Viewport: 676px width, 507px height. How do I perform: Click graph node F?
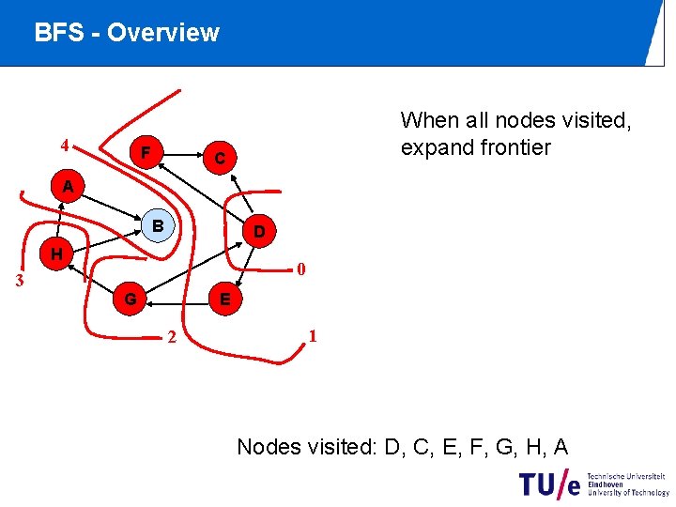pyautogui.click(x=145, y=152)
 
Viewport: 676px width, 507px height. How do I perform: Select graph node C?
pyautogui.click(x=219, y=159)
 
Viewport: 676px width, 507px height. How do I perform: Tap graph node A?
pyautogui.click(x=68, y=186)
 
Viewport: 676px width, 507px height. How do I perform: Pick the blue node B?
pyautogui.click(x=159, y=226)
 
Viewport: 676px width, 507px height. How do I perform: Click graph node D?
pyautogui.click(x=259, y=231)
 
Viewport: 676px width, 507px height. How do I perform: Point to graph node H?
pyautogui.click(x=57, y=253)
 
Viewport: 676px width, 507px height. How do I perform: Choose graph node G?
pyautogui.click(x=131, y=300)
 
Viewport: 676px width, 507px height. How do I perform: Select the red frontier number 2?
pyautogui.click(x=170, y=338)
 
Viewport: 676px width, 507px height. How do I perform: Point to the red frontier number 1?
pyautogui.click(x=313, y=336)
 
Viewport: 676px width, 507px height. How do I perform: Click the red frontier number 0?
pyautogui.click(x=300, y=270)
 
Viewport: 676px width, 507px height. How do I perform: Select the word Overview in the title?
pyautogui.click(x=162, y=33)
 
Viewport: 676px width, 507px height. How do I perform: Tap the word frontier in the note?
pyautogui.click(x=514, y=147)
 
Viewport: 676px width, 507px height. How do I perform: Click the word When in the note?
pyautogui.click(x=430, y=120)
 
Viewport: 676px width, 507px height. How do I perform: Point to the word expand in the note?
pyautogui.click(x=436, y=148)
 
